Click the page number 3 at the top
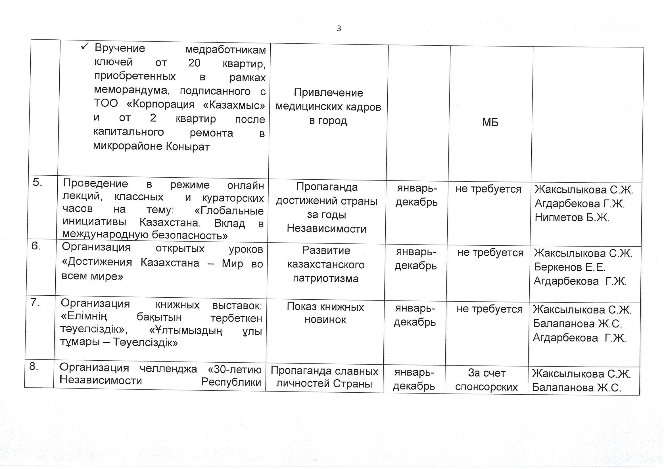(x=339, y=29)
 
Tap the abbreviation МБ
(x=490, y=123)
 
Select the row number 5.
(x=37, y=183)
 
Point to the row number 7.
(x=35, y=302)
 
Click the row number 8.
(x=34, y=366)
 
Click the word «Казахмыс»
(x=234, y=105)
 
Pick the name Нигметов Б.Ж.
(x=572, y=217)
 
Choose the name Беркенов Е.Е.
(x=569, y=267)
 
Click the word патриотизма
(x=326, y=279)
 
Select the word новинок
(x=325, y=320)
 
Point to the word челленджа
(x=168, y=369)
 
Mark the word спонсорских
(x=486, y=387)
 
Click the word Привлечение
(x=328, y=93)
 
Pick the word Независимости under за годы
(x=327, y=229)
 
